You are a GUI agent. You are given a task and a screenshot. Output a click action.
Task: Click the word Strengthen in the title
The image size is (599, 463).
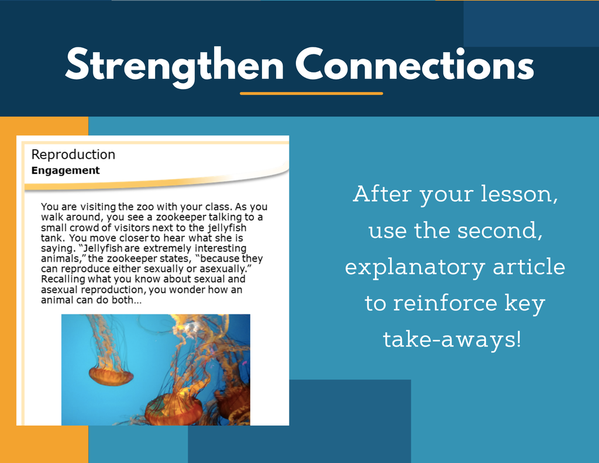point(174,66)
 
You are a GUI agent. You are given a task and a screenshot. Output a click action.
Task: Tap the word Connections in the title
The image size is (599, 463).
point(415,64)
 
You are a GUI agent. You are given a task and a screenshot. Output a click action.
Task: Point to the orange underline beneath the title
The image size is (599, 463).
point(311,93)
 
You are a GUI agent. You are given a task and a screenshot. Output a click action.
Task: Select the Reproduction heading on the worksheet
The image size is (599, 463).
point(73,155)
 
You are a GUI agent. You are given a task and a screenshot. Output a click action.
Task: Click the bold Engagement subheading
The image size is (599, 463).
point(66,170)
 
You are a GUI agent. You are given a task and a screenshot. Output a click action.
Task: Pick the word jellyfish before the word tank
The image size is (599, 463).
point(227,228)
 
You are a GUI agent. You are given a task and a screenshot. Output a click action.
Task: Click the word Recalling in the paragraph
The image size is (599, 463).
point(63,279)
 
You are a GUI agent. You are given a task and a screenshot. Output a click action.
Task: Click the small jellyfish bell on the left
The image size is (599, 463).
point(111,376)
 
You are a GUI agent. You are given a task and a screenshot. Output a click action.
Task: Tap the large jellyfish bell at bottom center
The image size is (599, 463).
point(174,410)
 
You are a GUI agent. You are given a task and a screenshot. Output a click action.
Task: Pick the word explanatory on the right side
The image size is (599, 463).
point(415,268)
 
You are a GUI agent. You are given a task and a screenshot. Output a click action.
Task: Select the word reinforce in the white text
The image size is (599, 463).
point(445,303)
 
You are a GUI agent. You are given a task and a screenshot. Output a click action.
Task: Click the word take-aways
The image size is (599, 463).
point(452,339)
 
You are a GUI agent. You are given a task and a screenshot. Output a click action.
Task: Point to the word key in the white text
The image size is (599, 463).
point(525,304)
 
